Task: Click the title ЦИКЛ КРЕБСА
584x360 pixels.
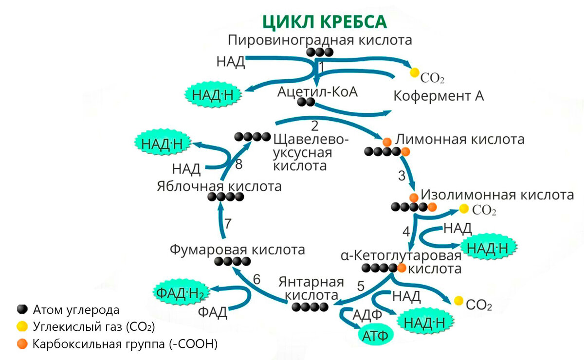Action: click(x=325, y=22)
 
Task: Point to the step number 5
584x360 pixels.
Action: click(x=361, y=286)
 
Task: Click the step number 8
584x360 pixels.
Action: click(x=238, y=164)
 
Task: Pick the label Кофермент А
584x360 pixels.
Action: click(x=438, y=95)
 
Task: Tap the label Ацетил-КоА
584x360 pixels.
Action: click(x=317, y=91)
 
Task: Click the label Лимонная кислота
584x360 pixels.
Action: click(x=460, y=139)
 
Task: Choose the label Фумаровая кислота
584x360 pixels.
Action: click(x=237, y=250)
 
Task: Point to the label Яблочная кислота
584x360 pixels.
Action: click(x=219, y=186)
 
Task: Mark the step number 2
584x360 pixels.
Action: click(x=314, y=126)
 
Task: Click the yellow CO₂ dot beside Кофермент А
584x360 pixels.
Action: click(x=414, y=72)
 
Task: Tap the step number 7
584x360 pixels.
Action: click(x=228, y=223)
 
